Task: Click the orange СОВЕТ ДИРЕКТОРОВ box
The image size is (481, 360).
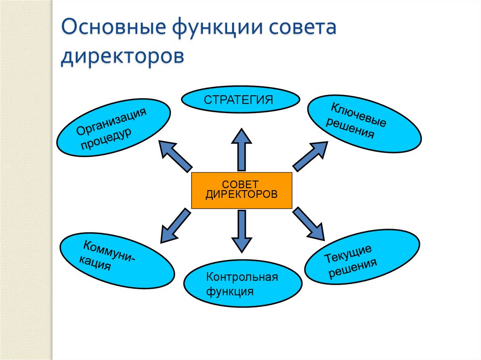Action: tap(241, 190)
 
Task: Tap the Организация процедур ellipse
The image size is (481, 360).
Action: tap(113, 128)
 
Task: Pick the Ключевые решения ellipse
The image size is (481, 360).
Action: tap(364, 124)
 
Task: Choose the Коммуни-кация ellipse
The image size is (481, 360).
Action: tap(117, 260)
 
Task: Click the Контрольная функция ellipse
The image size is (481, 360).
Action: tap(242, 283)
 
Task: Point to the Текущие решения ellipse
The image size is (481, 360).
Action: tap(362, 257)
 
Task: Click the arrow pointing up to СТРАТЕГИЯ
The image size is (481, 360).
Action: tap(241, 149)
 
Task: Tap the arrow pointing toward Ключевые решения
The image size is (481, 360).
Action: tap(310, 155)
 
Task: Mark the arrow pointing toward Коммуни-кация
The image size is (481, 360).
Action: tap(176, 226)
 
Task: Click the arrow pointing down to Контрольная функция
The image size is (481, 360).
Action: tap(241, 230)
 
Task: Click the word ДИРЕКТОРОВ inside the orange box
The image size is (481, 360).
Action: tap(241, 194)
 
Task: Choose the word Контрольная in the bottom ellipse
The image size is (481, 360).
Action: tap(242, 276)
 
